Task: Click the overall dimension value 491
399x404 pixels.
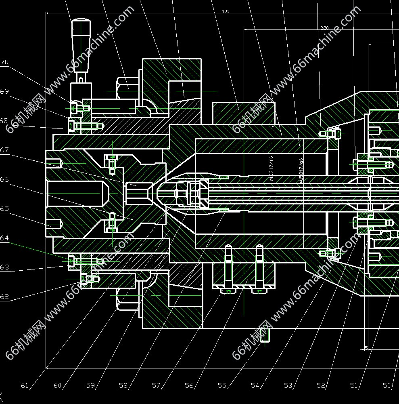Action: click(x=225, y=11)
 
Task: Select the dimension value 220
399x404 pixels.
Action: click(x=324, y=28)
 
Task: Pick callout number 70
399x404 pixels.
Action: click(x=4, y=62)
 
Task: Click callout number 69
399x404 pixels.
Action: click(x=4, y=92)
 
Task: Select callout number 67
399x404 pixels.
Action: click(x=4, y=150)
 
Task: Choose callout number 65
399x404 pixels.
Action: click(x=4, y=208)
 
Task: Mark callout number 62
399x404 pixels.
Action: click(x=4, y=297)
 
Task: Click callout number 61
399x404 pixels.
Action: click(x=25, y=385)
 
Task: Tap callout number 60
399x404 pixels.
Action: click(x=58, y=385)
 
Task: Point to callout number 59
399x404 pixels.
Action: click(x=90, y=385)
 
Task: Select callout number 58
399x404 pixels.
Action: click(x=123, y=385)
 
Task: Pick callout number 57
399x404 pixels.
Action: click(x=156, y=385)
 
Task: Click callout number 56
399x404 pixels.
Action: click(x=189, y=385)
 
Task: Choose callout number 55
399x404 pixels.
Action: click(x=222, y=385)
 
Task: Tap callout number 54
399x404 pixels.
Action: click(x=255, y=385)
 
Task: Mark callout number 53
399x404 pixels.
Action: click(x=288, y=385)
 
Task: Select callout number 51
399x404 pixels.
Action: click(x=353, y=385)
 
